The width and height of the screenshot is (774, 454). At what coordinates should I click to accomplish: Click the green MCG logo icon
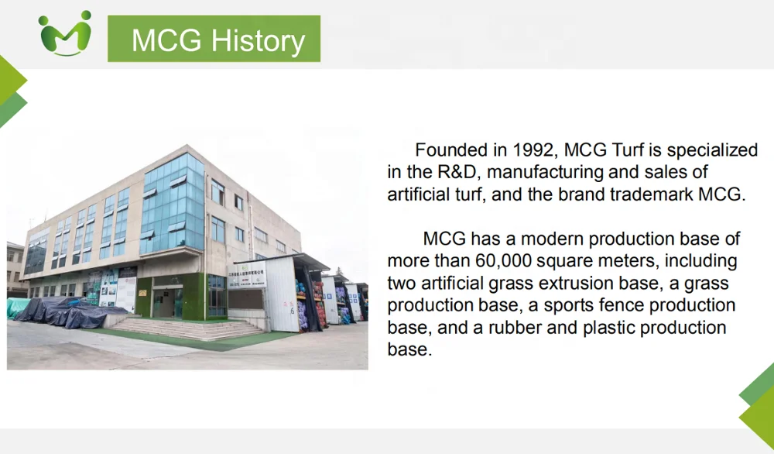point(65,33)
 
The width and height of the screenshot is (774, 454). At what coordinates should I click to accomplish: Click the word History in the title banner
point(259,40)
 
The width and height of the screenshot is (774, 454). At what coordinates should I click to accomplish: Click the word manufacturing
point(545,173)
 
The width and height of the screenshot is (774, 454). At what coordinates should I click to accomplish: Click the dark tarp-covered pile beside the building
point(69,311)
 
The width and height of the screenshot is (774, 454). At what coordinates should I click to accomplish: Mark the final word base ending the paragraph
point(409,349)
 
